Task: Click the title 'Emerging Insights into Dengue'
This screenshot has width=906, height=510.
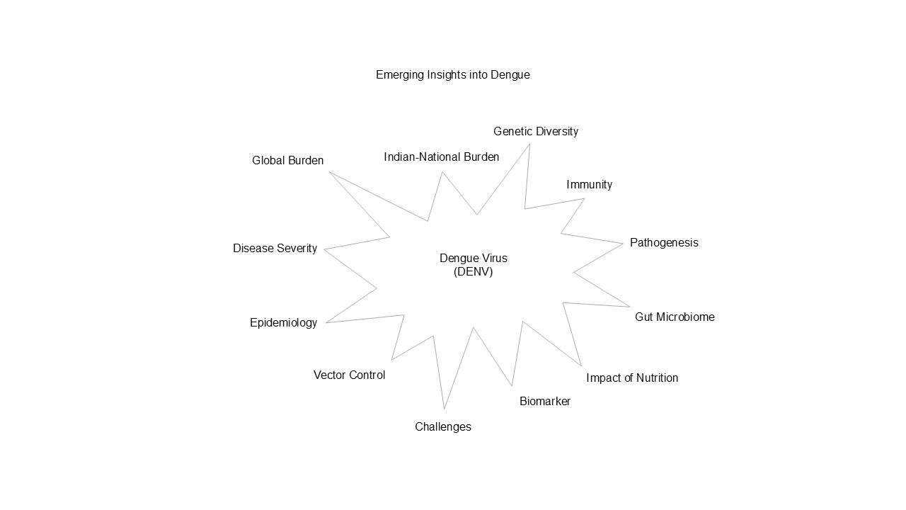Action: [x=452, y=74]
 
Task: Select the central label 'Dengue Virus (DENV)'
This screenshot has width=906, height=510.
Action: [x=473, y=265]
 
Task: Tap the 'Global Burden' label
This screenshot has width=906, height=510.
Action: [x=287, y=161]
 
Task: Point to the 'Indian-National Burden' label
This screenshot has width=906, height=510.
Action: [x=441, y=157]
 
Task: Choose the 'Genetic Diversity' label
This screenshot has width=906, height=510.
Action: [x=535, y=131]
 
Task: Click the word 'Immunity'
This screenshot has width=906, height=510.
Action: [x=589, y=184]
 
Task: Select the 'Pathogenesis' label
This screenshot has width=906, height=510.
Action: [x=663, y=242]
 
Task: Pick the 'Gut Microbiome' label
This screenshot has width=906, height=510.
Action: [x=674, y=317]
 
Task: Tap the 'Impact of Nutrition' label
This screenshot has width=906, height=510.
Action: [x=631, y=378]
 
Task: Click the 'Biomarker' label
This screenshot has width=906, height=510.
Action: [x=544, y=402]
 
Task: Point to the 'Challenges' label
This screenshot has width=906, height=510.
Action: [x=442, y=426]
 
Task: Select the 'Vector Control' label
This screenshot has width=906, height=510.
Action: [x=349, y=375]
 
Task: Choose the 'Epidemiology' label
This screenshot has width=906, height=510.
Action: [x=283, y=322]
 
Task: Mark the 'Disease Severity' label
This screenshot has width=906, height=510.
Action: [x=275, y=248]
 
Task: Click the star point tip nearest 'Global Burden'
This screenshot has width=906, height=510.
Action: [x=329, y=171]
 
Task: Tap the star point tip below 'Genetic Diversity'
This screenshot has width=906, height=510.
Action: [x=529, y=144]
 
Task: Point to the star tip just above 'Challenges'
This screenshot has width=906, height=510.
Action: [x=445, y=409]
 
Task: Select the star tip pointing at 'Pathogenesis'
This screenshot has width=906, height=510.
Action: [x=622, y=243]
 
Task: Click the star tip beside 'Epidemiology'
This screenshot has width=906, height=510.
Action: [x=326, y=323]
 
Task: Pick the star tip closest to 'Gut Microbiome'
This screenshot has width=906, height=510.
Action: [x=629, y=307]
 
